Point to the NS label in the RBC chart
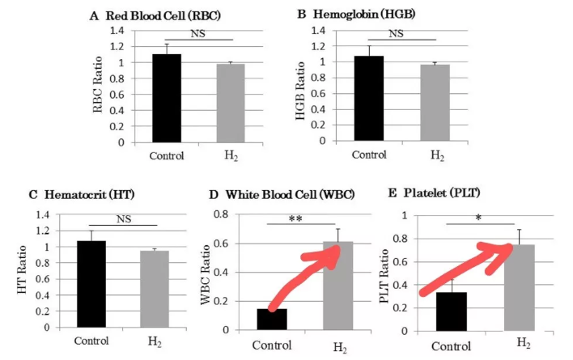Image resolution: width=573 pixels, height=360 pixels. point(197,32)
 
